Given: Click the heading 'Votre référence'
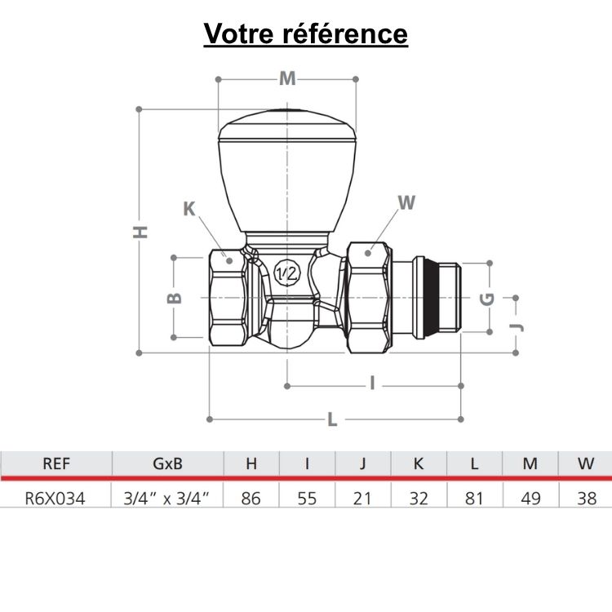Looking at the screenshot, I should pyautogui.click(x=305, y=33).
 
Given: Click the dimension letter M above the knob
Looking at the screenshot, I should pyautogui.click(x=287, y=78).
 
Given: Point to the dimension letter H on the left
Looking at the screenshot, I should pyautogui.click(x=141, y=231).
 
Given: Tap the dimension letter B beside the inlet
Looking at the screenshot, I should pyautogui.click(x=174, y=297).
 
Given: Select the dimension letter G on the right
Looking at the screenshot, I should pyautogui.click(x=488, y=298).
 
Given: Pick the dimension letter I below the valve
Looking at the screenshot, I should pyautogui.click(x=372, y=384).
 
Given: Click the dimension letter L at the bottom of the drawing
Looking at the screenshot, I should pyautogui.click(x=332, y=419).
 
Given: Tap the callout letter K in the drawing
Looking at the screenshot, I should pyautogui.click(x=189, y=209).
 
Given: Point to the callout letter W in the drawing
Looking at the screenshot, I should pyautogui.click(x=406, y=202).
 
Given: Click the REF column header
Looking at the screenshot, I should pyautogui.click(x=55, y=463).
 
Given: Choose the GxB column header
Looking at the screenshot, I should pyautogui.click(x=168, y=463).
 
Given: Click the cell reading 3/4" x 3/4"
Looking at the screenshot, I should pyautogui.click(x=168, y=497).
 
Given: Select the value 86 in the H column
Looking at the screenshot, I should pyautogui.click(x=251, y=497).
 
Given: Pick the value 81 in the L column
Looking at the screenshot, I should pyautogui.click(x=474, y=497).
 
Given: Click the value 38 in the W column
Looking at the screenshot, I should pyautogui.click(x=586, y=497).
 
